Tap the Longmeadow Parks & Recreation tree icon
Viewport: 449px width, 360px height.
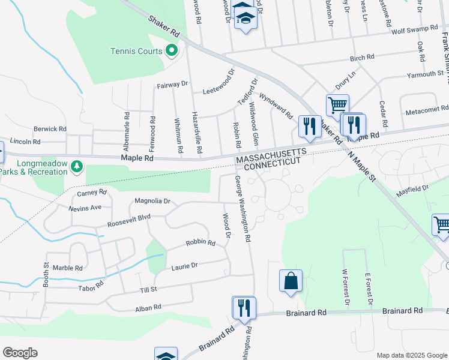coord(76,165)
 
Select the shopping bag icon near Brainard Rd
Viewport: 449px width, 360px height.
coord(291,281)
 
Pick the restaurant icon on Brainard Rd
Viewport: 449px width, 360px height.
coord(244,308)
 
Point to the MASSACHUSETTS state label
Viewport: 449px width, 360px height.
coord(271,155)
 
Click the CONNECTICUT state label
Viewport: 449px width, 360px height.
coord(271,163)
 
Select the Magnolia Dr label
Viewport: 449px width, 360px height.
coord(152,201)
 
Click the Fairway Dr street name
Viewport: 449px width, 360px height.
coord(172,85)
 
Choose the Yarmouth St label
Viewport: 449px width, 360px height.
coord(424,74)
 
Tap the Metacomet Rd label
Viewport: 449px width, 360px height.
coord(427,110)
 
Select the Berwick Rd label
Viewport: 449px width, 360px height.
coord(50,129)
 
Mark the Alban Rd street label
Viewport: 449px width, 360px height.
coord(148,307)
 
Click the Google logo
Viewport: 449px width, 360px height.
coord(20,353)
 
